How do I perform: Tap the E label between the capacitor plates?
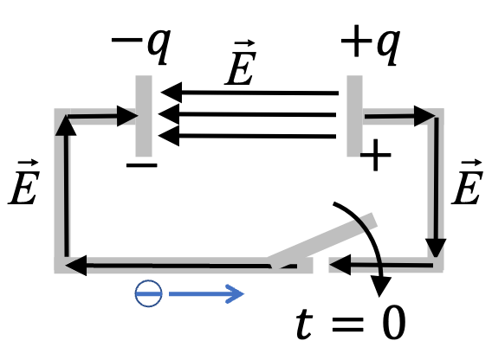(x=241, y=63)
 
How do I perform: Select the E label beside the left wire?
(x=24, y=183)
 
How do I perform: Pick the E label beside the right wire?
(x=467, y=183)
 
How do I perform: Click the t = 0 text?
(x=351, y=323)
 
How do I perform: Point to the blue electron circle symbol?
(x=148, y=293)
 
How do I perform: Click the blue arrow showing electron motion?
(x=206, y=294)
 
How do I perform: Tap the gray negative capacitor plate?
(x=144, y=116)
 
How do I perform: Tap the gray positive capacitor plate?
(x=354, y=116)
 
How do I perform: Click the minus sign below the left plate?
(x=141, y=165)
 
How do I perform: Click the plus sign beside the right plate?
(x=376, y=155)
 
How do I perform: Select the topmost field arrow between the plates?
(x=249, y=93)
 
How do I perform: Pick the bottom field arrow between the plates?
(x=247, y=136)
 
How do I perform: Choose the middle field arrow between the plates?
(x=247, y=115)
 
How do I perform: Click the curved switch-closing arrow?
(x=370, y=232)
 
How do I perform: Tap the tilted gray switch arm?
(x=323, y=241)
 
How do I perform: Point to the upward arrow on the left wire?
(x=66, y=186)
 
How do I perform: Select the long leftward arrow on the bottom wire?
(x=181, y=266)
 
